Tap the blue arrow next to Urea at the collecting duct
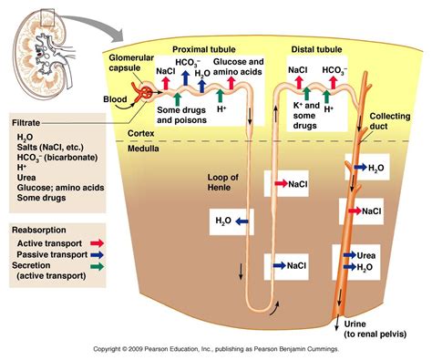pos(352,256)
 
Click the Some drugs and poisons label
pos(182,116)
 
